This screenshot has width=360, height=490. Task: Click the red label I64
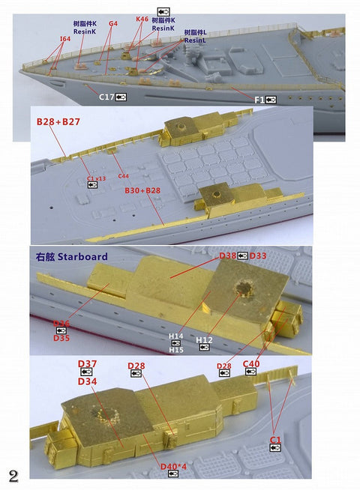tap(64, 37)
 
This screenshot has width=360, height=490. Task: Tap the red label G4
tap(113, 23)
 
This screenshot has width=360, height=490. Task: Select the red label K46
tap(142, 19)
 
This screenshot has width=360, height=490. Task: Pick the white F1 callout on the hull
tap(259, 99)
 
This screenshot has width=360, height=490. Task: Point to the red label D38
tap(228, 256)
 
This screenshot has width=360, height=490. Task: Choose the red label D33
tap(258, 256)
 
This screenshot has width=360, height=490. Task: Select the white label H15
tap(175, 349)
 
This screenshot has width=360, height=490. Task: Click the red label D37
tap(88, 364)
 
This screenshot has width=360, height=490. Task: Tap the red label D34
tap(88, 381)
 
